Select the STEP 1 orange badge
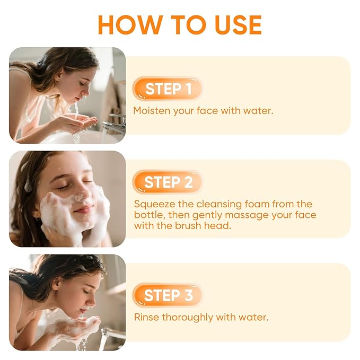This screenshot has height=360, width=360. click(168, 89)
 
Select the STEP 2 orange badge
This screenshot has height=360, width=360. click(168, 182)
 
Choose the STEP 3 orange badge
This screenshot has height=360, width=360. click(168, 295)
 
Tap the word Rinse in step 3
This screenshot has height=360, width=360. click(146, 317)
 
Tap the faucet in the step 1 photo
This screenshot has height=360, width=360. click(113, 125)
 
